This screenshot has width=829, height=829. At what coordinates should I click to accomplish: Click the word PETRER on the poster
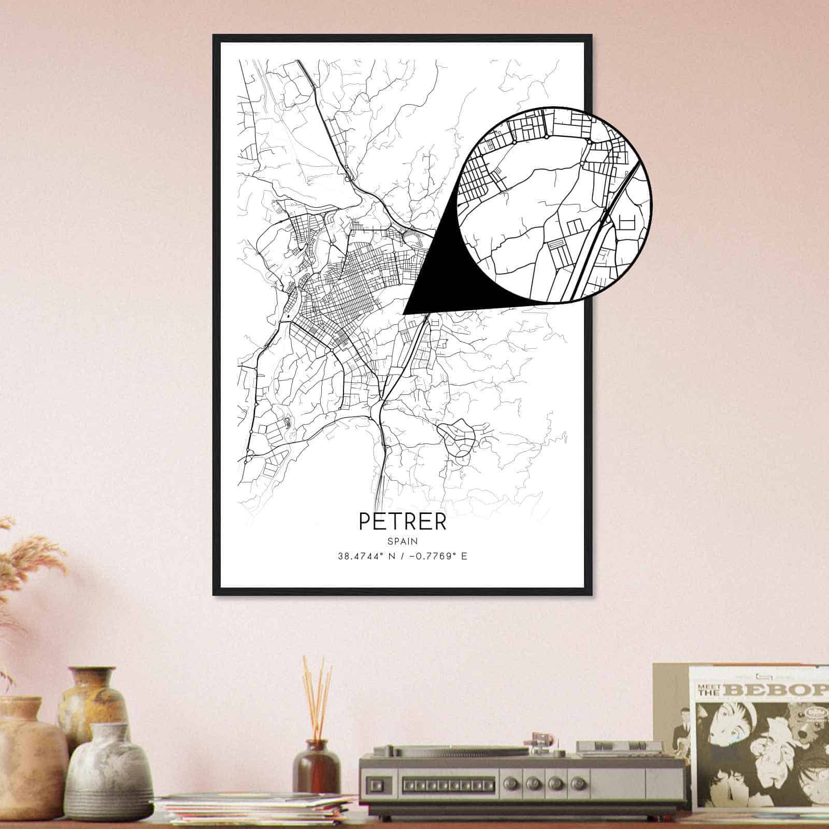pyautogui.click(x=402, y=521)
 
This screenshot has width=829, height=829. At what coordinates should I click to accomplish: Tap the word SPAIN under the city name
pyautogui.click(x=402, y=540)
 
